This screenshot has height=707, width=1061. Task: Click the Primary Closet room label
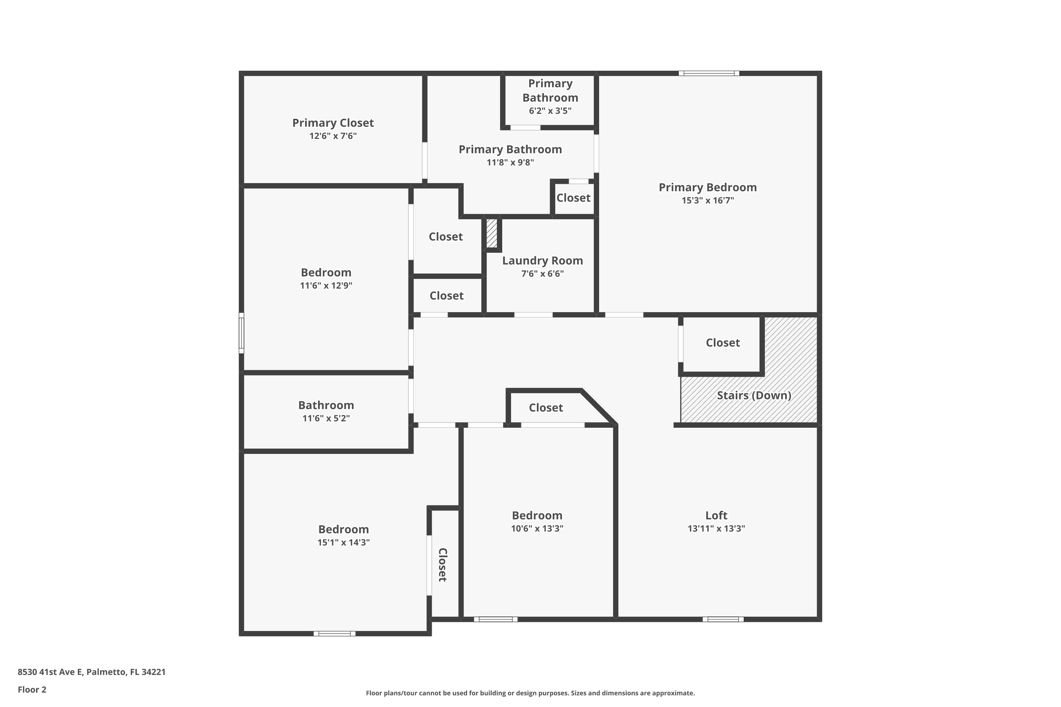coord(333,123)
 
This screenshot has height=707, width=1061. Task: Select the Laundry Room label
coord(542,261)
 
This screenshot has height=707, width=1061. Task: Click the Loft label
coord(716,515)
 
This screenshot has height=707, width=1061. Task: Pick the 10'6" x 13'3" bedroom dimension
coord(537,528)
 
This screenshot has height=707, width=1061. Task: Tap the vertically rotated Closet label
coord(442,565)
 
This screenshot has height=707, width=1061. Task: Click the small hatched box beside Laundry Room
coord(491,233)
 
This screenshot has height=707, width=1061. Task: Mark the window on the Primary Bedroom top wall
coord(709,74)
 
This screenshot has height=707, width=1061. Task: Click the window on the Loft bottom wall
coord(723,619)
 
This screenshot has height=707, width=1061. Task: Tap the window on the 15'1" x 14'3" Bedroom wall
coord(334,633)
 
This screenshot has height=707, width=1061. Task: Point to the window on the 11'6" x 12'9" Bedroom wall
coord(241,333)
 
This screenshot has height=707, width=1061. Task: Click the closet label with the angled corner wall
coord(545,408)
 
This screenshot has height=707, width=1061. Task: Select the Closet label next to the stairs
coord(722,343)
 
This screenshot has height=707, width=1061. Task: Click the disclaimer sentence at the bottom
coord(530,693)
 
